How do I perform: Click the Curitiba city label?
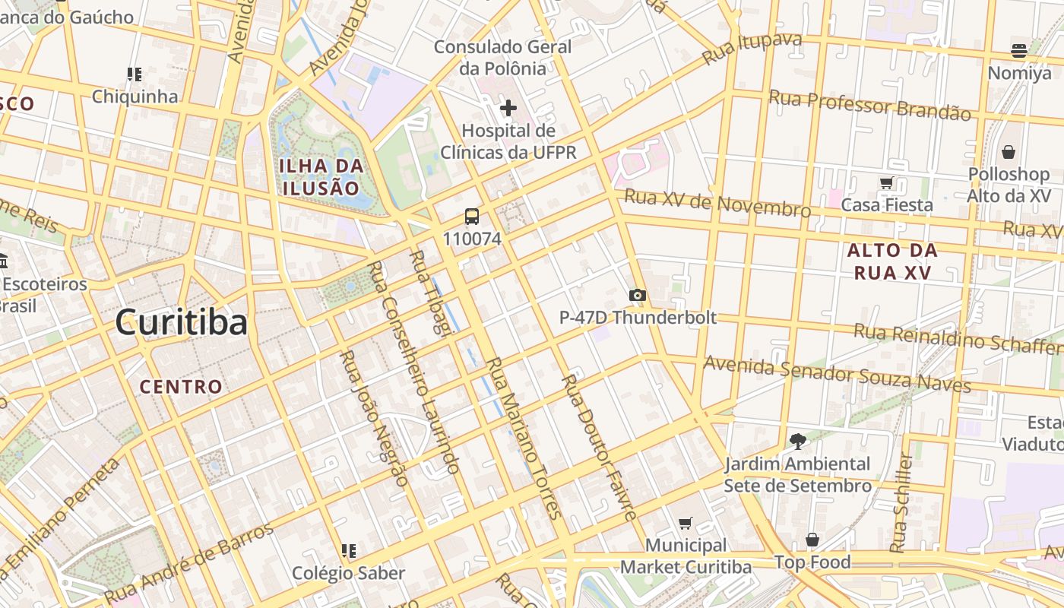tap(182, 323)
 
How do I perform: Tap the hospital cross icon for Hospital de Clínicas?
tap(508, 108)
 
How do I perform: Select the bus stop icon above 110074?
tap(472, 217)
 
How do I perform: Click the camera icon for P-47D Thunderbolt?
tap(638, 295)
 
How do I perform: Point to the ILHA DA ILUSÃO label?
tap(320, 176)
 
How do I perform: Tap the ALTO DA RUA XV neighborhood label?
tap(892, 261)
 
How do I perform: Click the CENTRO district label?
tap(182, 386)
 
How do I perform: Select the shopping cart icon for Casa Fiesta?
tap(885, 182)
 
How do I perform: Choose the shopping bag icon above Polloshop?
tap(1009, 152)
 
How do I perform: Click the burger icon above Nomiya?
tap(1019, 51)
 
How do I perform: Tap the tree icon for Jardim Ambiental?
tap(797, 441)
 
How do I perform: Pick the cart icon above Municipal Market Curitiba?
tap(686, 523)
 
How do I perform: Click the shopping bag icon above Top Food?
tap(812, 540)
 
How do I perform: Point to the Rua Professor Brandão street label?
tap(869, 105)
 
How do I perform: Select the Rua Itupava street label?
tap(752, 49)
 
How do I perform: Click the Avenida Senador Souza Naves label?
tap(837, 374)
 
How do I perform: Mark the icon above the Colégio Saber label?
tap(349, 550)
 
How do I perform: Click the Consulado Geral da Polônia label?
tap(502, 58)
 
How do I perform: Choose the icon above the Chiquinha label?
tap(135, 74)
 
